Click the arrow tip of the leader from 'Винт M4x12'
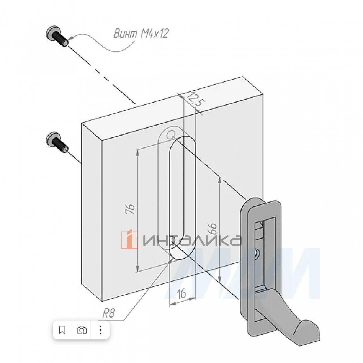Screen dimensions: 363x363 pos(69,39)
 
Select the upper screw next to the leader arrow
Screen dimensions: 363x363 pos(57,37)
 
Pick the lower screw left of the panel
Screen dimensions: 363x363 pos(57,142)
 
